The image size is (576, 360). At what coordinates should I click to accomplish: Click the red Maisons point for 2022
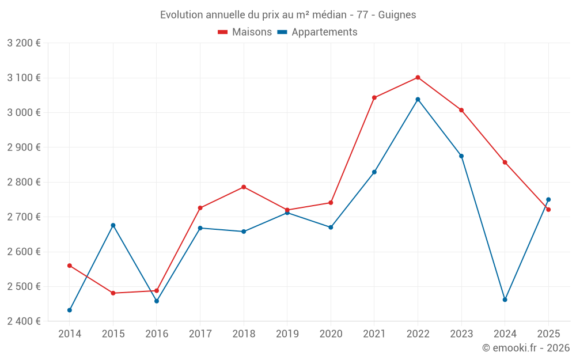418,77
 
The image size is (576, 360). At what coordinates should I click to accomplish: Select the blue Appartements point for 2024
505,300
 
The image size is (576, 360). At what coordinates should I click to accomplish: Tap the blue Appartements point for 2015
113,225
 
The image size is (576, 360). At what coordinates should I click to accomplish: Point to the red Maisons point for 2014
70,266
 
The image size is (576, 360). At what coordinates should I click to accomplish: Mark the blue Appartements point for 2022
418,99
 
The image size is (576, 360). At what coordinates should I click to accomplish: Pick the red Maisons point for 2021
374,97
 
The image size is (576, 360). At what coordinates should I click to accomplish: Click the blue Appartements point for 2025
548,199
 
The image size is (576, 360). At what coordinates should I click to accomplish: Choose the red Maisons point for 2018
244,187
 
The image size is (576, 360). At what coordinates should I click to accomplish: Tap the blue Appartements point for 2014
70,310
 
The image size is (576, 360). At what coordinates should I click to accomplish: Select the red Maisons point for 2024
505,162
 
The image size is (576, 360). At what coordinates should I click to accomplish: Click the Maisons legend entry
245,32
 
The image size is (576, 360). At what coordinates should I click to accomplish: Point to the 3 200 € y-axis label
24,43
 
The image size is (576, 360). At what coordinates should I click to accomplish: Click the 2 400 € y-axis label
24,321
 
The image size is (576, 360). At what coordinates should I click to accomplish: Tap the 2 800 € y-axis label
24,182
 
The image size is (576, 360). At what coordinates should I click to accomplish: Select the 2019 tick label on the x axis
287,334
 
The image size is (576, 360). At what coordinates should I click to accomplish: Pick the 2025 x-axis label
548,334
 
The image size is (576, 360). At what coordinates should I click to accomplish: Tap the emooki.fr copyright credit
526,348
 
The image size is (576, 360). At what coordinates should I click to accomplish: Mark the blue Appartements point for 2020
331,227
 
